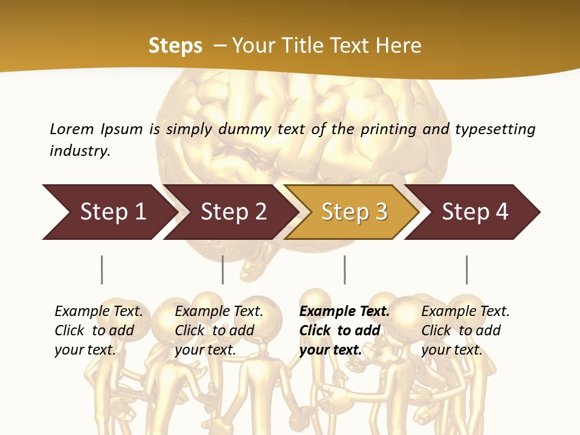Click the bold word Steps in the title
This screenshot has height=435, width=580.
pyautogui.click(x=175, y=45)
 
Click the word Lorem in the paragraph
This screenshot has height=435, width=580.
pyautogui.click(x=71, y=129)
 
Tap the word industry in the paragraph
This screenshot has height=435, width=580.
pyautogui.click(x=80, y=150)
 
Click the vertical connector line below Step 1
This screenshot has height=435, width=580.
pyautogui.click(x=101, y=269)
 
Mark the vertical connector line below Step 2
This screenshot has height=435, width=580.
pyautogui.click(x=223, y=269)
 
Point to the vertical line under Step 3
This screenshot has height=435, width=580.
pyautogui.click(x=344, y=269)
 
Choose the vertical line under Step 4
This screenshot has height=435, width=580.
pyautogui.click(x=466, y=269)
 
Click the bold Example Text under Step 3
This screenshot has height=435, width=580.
pyautogui.click(x=344, y=312)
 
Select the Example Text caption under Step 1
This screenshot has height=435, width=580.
pyautogui.click(x=98, y=312)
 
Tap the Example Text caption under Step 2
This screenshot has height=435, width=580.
pyautogui.click(x=219, y=312)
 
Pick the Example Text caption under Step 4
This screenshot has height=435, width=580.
pyautogui.click(x=465, y=312)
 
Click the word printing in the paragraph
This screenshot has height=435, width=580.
pyautogui.click(x=386, y=129)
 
